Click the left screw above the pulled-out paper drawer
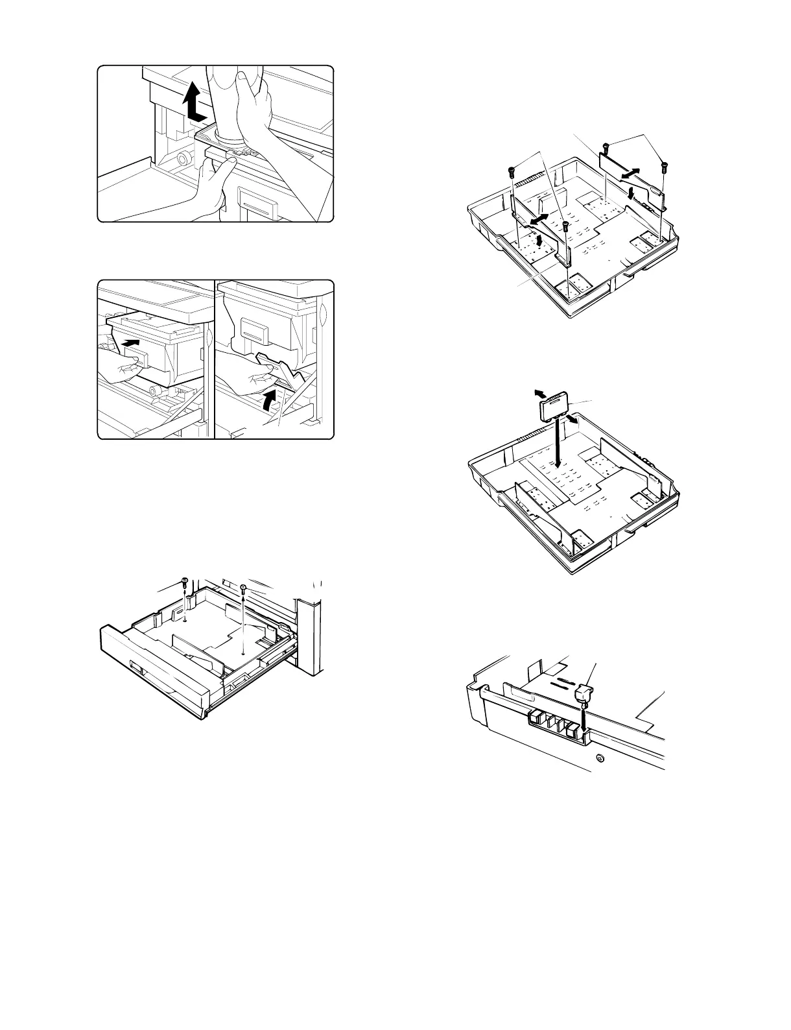[x=185, y=582]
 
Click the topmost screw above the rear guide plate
[x=605, y=147]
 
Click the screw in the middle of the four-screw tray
[x=566, y=226]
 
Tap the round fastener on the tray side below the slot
[x=599, y=757]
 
